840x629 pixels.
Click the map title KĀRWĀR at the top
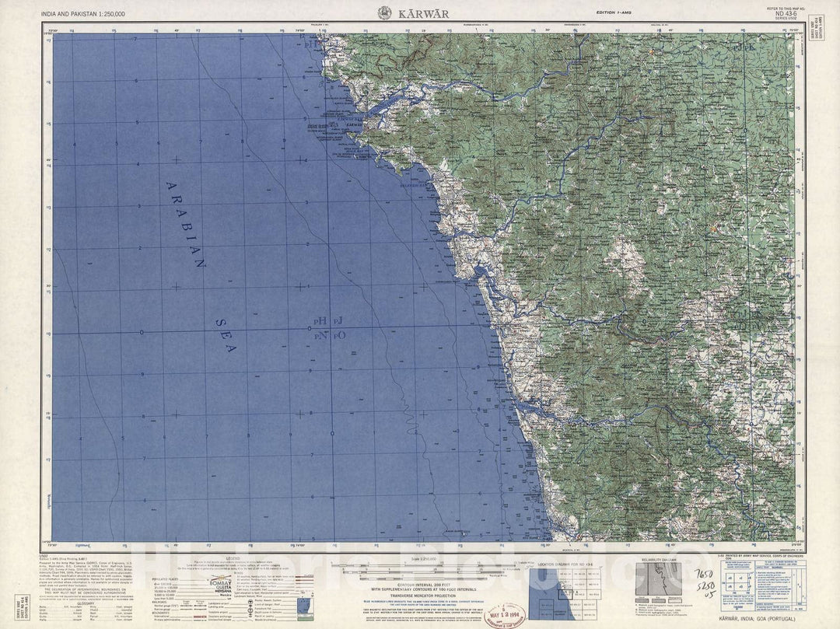pyautogui.click(x=420, y=12)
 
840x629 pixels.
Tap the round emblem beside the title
pyautogui.click(x=384, y=12)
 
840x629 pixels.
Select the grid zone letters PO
pyautogui.click(x=339, y=335)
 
